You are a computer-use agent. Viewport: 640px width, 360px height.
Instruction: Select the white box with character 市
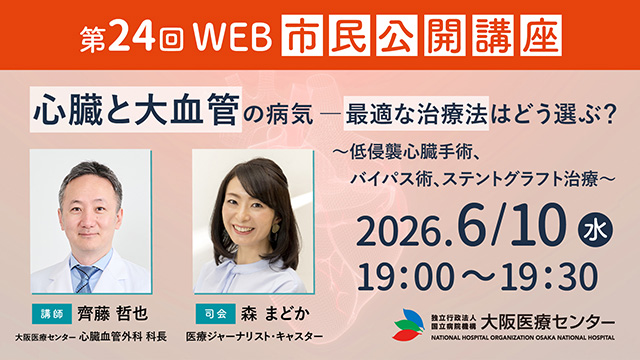(302, 36)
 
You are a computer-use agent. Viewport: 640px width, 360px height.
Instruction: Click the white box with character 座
(541, 36)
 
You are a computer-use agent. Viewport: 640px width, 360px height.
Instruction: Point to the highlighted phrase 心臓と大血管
(136, 109)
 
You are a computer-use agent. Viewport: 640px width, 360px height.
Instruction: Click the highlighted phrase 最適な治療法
(416, 113)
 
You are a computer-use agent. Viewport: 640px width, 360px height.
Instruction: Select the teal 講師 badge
(52, 313)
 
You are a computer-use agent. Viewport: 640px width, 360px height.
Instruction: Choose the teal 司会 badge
(216, 313)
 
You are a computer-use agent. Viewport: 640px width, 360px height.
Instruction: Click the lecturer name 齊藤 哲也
(113, 314)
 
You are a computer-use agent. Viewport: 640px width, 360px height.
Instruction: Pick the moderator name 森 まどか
(274, 314)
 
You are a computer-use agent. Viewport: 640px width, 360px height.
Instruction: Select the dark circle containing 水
(595, 230)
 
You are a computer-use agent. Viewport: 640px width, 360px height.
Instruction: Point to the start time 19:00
(406, 277)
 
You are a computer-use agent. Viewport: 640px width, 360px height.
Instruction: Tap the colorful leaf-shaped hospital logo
(409, 325)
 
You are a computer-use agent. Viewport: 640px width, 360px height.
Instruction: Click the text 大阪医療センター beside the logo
(547, 322)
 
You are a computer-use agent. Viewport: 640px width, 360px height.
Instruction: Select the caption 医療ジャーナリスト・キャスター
(254, 336)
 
